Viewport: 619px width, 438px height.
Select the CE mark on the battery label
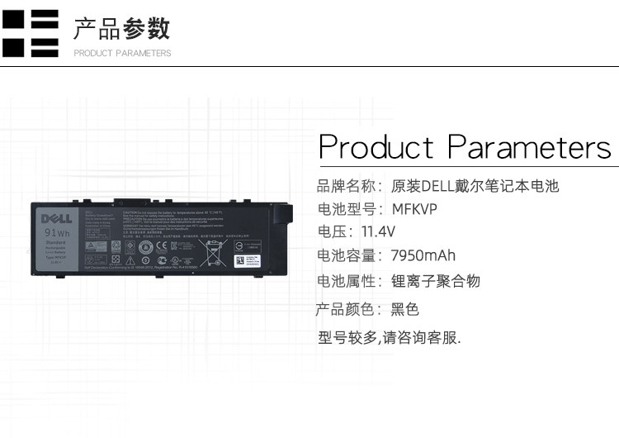coord(163,245)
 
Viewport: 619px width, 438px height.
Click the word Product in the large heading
coord(376,148)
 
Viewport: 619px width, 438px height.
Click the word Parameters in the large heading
coord(529,148)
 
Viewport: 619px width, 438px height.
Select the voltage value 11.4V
coord(378,231)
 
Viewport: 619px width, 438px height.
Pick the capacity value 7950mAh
coord(423,255)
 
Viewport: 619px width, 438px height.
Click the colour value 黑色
coord(404,310)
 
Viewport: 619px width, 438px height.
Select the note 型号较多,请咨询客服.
coord(389,337)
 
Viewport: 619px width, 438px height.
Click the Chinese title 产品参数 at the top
coord(121,29)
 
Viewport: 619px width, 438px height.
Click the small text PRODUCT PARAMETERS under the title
coord(122,53)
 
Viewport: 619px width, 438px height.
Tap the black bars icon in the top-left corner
coord(31,33)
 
